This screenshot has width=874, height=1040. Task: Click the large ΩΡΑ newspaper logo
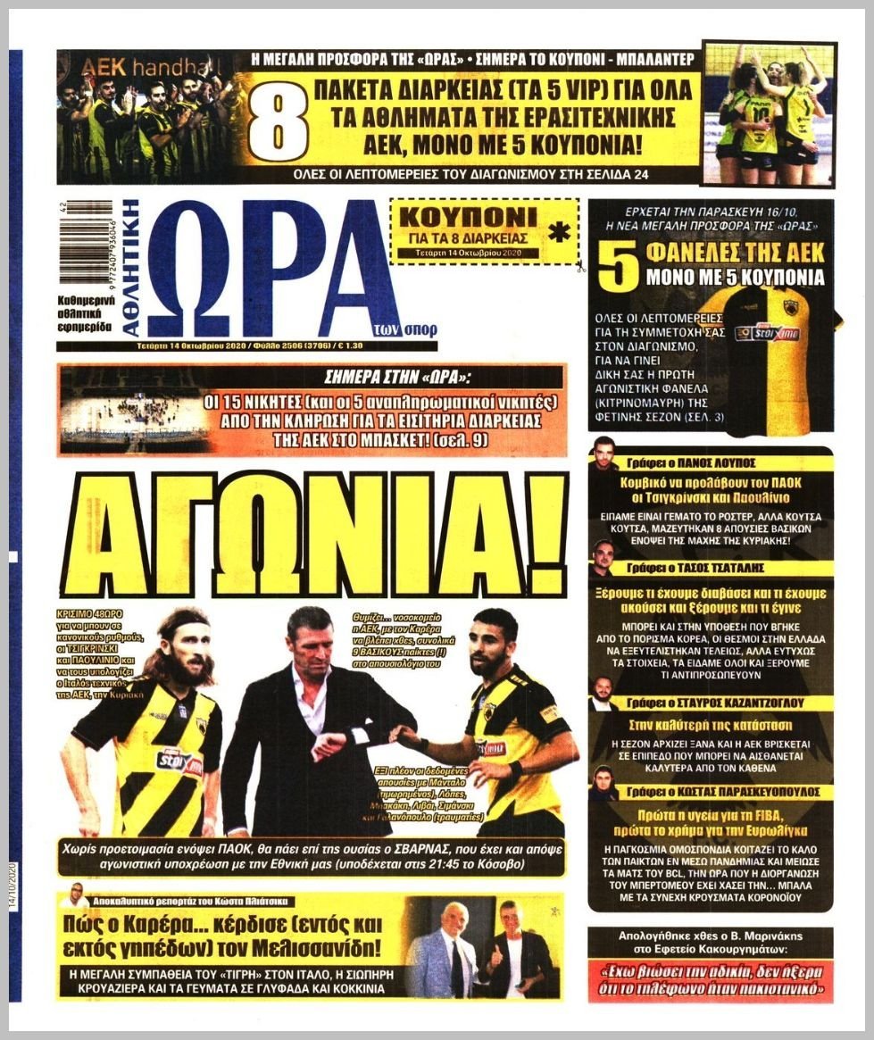(268, 268)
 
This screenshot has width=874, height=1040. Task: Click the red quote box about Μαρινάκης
(711, 980)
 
